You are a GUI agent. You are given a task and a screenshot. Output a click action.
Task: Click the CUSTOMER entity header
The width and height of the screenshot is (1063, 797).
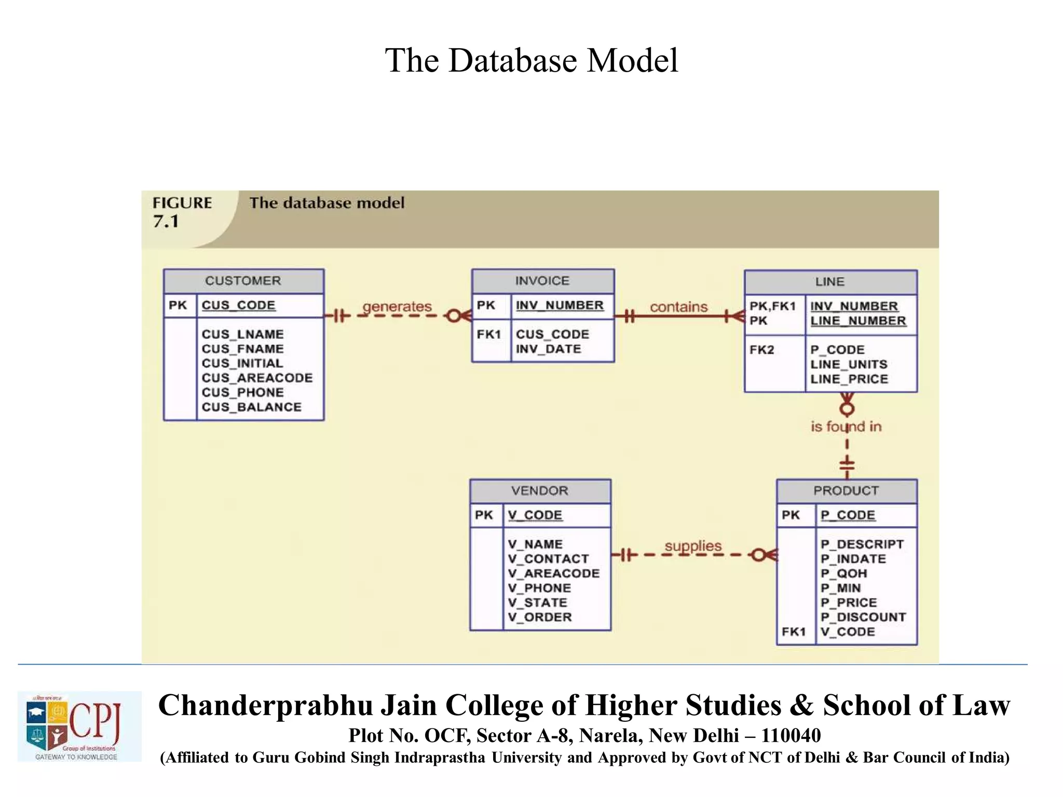243,281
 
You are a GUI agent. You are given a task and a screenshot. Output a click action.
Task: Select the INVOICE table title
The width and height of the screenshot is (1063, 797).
542,281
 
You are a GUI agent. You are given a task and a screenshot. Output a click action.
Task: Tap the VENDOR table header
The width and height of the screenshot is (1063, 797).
540,490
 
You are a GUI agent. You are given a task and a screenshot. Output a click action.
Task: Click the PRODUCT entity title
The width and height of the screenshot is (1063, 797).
846,490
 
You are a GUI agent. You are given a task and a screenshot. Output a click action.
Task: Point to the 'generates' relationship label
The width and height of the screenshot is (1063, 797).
397,307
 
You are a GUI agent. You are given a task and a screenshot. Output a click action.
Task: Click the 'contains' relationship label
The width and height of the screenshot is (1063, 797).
678,307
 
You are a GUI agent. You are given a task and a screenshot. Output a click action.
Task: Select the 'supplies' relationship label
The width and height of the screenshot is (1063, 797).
693,546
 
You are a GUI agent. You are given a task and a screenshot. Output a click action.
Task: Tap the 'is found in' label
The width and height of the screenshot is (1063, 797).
846,427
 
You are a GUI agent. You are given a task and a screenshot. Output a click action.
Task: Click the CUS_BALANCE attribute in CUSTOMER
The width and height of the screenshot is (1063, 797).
252,407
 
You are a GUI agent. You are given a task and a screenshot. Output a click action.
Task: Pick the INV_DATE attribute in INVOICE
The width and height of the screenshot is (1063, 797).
548,349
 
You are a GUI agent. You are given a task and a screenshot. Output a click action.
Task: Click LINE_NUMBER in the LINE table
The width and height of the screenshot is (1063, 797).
858,321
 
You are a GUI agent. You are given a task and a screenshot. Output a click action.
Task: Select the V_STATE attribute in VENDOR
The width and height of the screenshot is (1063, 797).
537,602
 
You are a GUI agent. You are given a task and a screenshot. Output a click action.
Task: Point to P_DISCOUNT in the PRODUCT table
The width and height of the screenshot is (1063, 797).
863,617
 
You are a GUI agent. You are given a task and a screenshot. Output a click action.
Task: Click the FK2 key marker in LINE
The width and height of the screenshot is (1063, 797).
761,350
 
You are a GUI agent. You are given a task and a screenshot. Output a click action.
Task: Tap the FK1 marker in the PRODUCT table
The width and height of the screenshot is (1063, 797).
794,631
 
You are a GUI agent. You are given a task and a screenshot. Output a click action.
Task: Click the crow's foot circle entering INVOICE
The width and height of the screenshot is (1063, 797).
454,315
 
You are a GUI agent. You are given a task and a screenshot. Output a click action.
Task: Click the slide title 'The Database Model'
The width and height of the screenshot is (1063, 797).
531,60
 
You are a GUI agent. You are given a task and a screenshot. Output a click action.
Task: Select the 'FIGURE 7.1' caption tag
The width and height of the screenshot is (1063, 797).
182,212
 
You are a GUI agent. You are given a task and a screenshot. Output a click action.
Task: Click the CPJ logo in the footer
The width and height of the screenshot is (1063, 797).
79,726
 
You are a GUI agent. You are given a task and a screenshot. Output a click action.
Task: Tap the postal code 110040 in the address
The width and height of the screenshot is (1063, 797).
791,735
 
